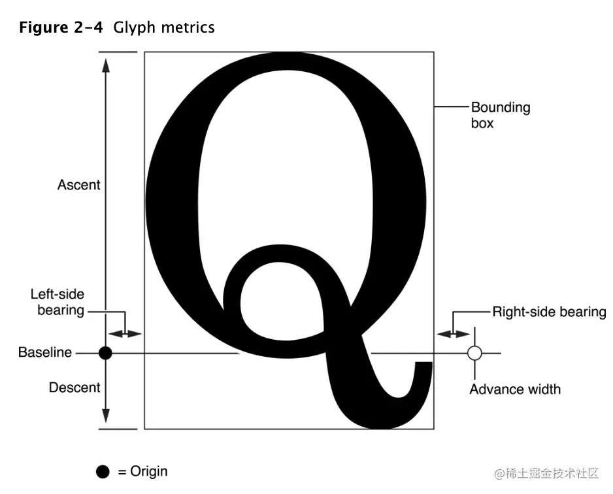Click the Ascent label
78,185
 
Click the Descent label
75,387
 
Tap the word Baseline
44,353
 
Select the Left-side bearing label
58,303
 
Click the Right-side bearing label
549,312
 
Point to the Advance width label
515,389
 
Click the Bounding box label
500,114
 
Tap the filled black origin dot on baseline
105,354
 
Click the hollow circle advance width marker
475,354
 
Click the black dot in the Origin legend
103,472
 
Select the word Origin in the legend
148,472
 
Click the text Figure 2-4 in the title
61,28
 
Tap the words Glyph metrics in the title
163,28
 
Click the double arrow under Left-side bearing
125,333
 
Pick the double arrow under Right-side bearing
453,333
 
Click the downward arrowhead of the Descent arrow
106,418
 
